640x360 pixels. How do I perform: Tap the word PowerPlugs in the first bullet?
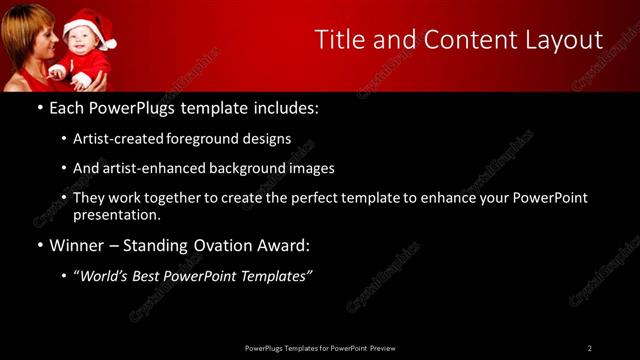tap(130, 106)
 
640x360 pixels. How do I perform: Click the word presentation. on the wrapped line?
tap(116, 214)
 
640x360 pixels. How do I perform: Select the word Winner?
tap(78, 244)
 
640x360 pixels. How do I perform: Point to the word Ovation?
tap(220, 244)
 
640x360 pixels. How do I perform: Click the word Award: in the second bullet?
tap(283, 244)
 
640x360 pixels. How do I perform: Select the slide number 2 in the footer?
tap(589, 348)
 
